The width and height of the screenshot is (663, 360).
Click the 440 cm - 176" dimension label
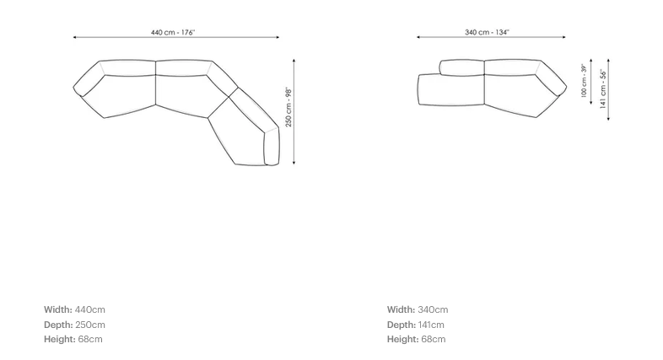173,33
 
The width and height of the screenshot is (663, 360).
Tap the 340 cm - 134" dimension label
487,33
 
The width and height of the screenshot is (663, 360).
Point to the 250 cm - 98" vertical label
288,107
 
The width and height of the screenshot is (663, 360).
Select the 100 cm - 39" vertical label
584,81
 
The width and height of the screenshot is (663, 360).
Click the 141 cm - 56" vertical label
603,89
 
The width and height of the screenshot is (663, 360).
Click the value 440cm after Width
90,309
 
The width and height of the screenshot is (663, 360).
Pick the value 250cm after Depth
90,325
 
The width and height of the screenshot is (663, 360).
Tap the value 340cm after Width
433,309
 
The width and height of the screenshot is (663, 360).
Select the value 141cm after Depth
431,325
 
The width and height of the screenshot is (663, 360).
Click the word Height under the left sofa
60,339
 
